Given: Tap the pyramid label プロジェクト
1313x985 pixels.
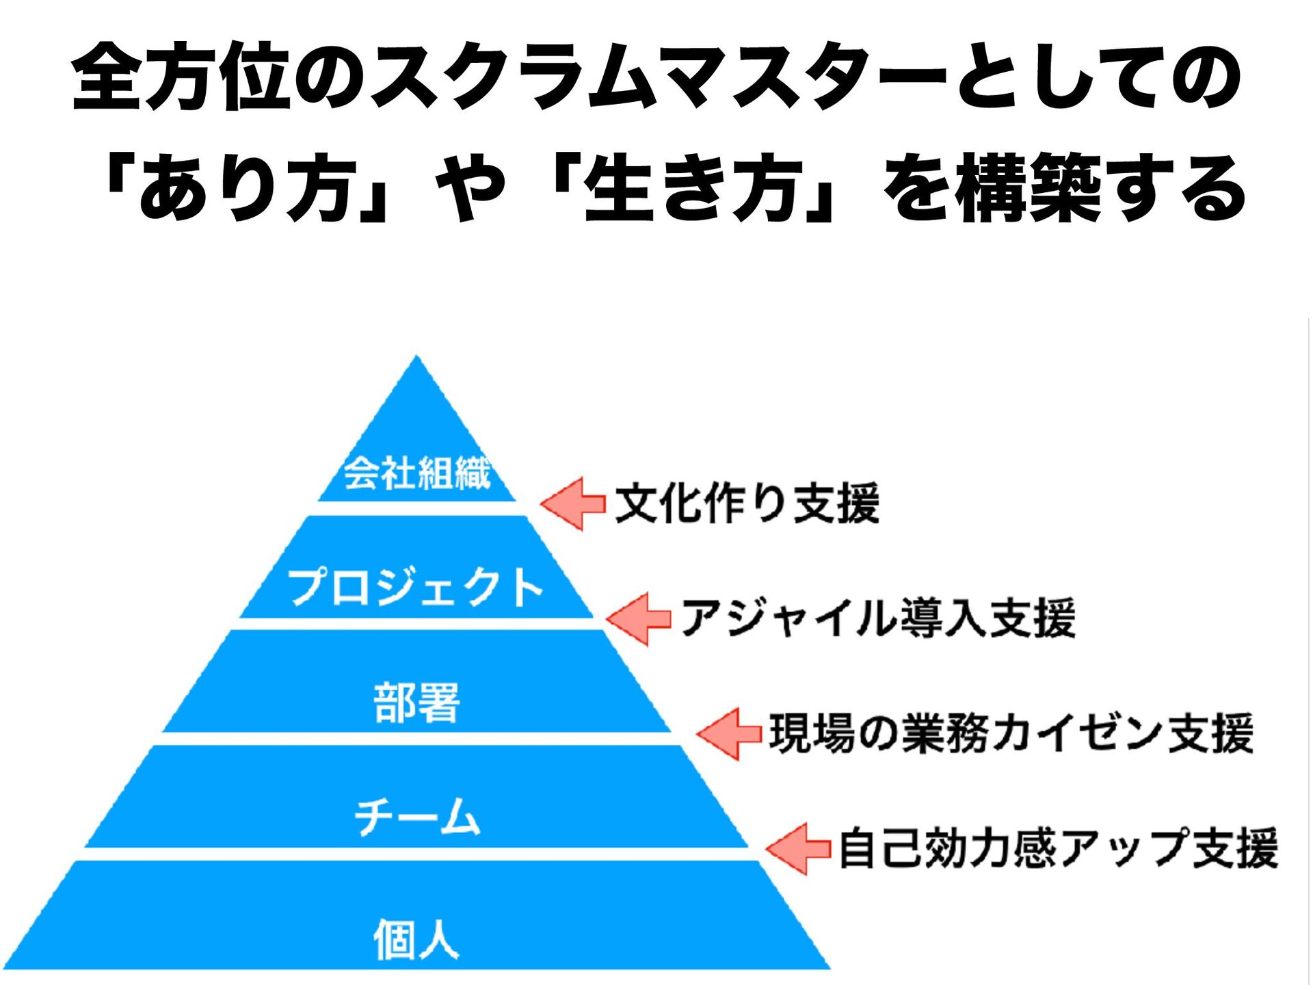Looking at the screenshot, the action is click(x=415, y=587).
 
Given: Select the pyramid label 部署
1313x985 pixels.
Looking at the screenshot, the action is click(x=416, y=702).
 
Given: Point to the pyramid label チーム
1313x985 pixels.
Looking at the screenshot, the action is click(x=416, y=817).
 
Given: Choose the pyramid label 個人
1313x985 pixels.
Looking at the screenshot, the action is click(x=416, y=938).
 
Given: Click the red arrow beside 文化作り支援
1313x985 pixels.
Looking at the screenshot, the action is click(x=573, y=503).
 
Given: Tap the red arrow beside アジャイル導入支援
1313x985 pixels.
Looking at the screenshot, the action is click(x=639, y=619).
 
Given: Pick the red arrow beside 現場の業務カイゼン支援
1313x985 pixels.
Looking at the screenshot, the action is click(x=729, y=734).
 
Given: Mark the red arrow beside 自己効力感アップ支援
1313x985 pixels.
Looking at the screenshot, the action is click(x=798, y=849).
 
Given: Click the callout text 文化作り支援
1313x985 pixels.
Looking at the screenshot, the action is click(x=747, y=503).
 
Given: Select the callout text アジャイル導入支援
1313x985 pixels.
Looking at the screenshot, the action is click(x=878, y=618).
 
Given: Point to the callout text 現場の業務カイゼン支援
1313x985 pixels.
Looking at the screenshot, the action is click(x=1011, y=733).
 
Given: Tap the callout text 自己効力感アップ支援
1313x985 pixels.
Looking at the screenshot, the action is click(x=1058, y=848).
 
